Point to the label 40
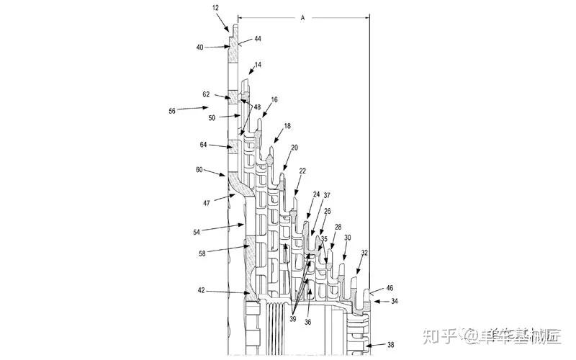(199, 48)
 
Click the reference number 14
(258, 65)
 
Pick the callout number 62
(206, 94)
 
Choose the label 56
(171, 110)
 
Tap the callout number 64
(204, 145)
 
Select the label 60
(199, 171)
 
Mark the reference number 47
(207, 204)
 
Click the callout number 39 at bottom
(292, 319)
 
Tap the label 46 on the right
(390, 287)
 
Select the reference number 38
(390, 345)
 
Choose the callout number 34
(395, 302)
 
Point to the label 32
(364, 253)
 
